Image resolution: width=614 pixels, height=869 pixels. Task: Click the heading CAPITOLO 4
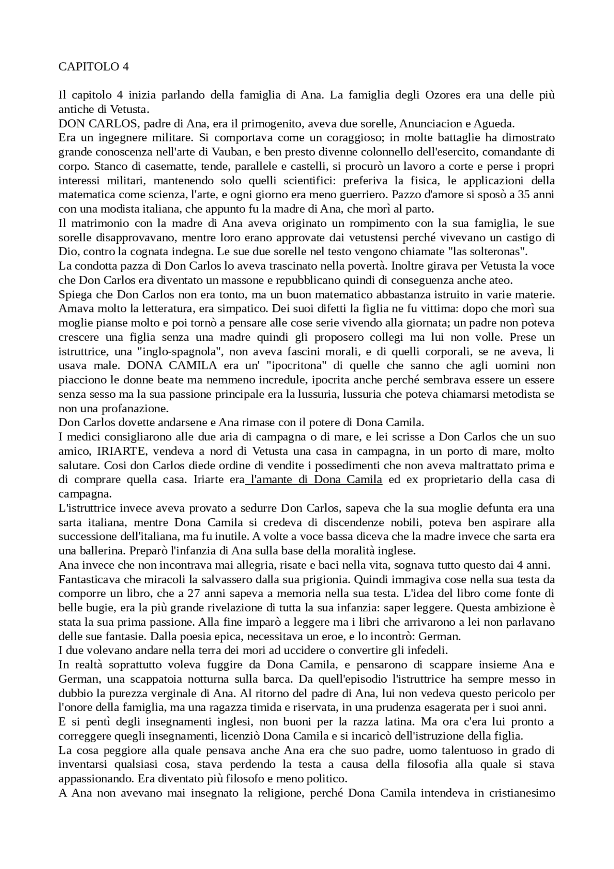coord(94,67)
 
